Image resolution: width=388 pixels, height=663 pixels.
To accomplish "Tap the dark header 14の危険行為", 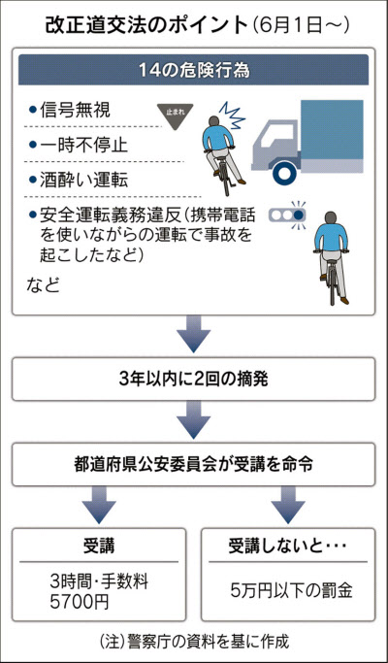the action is [193, 70].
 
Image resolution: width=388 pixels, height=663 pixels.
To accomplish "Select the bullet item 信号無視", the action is [70, 111].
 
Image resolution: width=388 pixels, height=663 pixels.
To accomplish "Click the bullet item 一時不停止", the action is [79, 146].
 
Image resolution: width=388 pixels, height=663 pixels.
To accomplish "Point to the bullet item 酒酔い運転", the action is [79, 181].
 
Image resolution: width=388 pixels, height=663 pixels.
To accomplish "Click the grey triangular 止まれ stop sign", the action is [175, 114].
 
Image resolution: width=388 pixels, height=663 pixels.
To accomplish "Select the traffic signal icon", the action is [288, 215].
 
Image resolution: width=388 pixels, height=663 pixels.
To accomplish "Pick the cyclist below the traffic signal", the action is [332, 257].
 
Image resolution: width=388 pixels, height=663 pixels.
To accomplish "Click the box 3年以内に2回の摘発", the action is [193, 380].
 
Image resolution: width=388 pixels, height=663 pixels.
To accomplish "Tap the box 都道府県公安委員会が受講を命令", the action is [193, 464].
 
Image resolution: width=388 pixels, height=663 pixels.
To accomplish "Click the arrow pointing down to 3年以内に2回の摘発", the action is [193, 334].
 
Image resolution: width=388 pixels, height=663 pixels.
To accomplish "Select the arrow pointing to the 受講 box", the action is [99, 505].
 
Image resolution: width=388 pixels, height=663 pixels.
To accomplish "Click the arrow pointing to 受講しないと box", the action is [288, 505].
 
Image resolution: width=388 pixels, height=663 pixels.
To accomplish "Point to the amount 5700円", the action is [80, 603].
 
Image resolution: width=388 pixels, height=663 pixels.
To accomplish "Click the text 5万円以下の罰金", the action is [292, 591].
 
